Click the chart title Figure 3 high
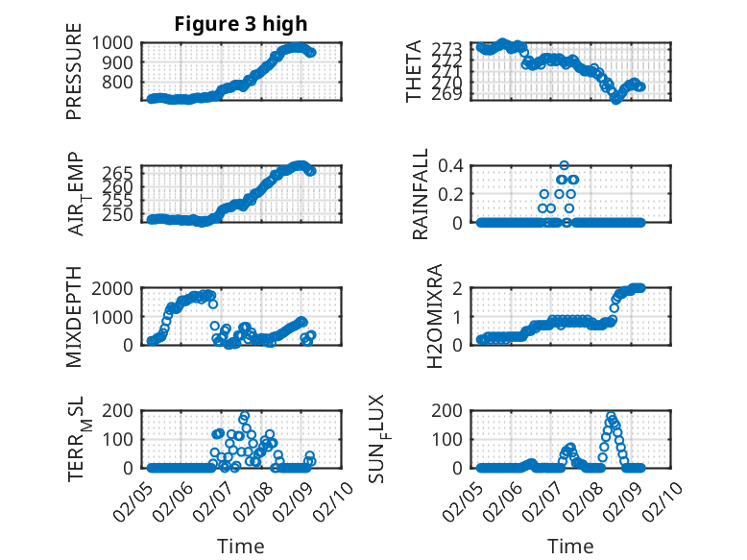pyautogui.click(x=240, y=24)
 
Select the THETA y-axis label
pyautogui.click(x=414, y=71)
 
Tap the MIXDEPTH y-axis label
pyautogui.click(x=74, y=317)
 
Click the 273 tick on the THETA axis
pyautogui.click(x=455, y=48)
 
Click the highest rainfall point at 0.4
pyautogui.click(x=565, y=165)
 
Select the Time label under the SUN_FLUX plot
pyautogui.click(x=570, y=546)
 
